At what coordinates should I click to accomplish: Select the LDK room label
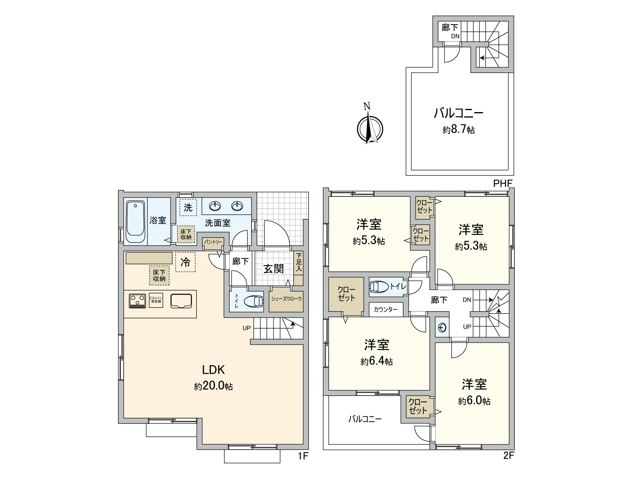click(213, 370)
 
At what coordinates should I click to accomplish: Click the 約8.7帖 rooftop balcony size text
click(458, 130)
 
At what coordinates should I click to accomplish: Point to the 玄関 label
click(273, 269)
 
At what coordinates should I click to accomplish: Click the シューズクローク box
click(286, 299)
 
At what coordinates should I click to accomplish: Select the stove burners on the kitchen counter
click(137, 300)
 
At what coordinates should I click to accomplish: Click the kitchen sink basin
click(182, 301)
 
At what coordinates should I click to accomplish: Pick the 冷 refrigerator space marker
click(185, 262)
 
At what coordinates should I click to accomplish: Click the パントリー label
click(213, 242)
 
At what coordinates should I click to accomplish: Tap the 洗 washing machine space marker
click(188, 207)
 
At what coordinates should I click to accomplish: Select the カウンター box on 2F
click(386, 310)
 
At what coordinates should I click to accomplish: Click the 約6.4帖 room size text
click(377, 361)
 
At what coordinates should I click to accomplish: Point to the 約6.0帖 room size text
click(474, 401)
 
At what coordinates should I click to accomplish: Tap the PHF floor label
click(502, 183)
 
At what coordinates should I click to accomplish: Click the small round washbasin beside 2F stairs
click(442, 328)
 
